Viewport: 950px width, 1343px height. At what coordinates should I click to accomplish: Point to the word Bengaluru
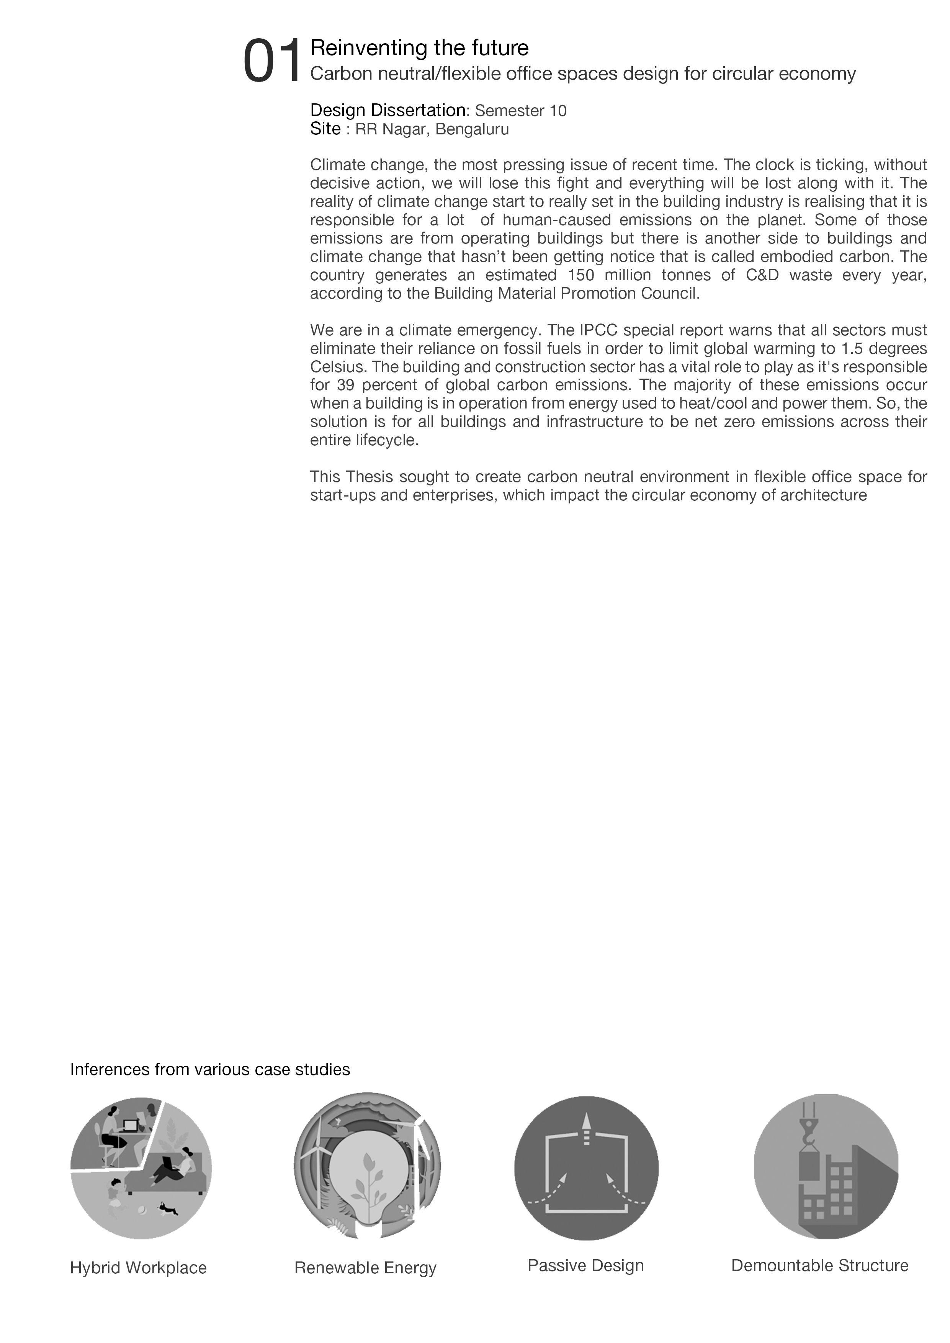(x=472, y=129)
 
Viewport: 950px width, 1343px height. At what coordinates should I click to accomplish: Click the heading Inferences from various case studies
(x=210, y=1069)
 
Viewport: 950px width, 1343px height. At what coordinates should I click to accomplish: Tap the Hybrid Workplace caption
(x=138, y=1268)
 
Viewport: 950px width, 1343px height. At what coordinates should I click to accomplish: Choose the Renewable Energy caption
(x=366, y=1268)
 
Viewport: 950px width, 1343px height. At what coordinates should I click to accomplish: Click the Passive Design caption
(x=585, y=1265)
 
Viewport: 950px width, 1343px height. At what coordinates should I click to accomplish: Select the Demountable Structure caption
(x=819, y=1265)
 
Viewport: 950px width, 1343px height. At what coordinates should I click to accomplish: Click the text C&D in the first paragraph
(x=762, y=275)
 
